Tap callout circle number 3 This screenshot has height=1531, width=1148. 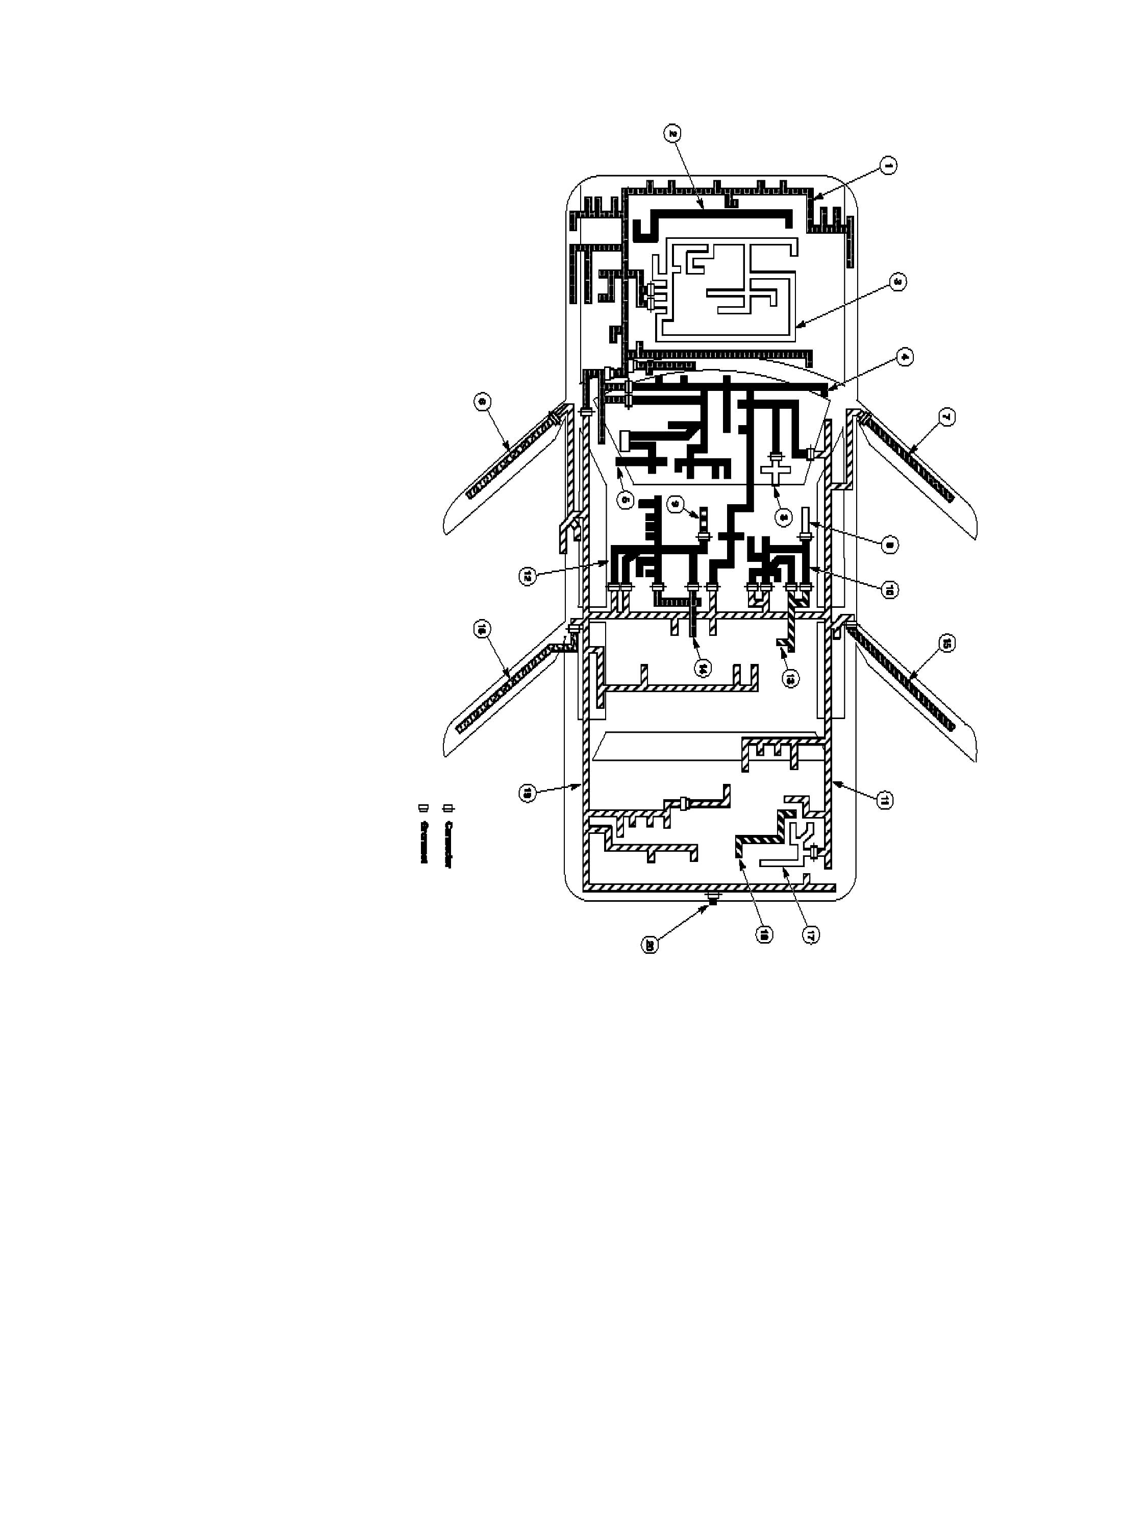[x=897, y=282]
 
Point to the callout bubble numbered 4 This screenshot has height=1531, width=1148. [x=904, y=357]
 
